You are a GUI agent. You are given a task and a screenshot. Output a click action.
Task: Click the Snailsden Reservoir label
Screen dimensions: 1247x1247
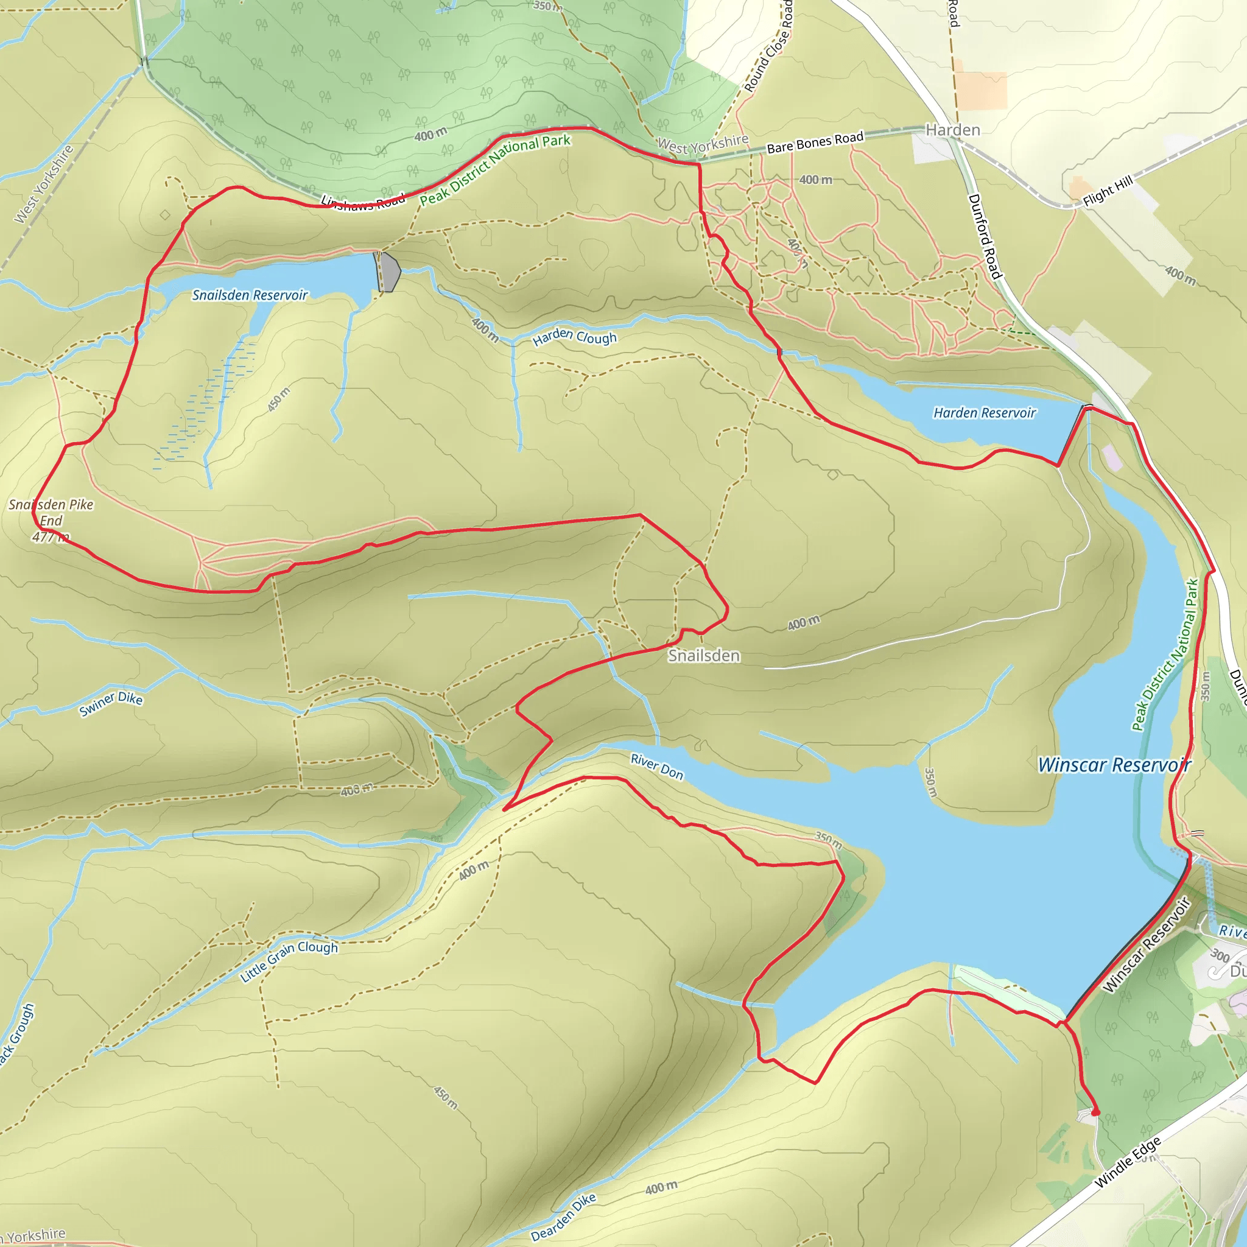coord(250,295)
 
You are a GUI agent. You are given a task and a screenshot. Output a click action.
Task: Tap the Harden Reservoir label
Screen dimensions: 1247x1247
coord(985,412)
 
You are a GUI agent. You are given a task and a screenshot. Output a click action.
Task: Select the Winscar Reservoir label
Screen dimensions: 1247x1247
coord(1114,765)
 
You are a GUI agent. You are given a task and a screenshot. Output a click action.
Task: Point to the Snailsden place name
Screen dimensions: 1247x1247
coord(703,656)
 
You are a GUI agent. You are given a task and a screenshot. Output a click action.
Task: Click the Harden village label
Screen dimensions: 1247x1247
coord(953,130)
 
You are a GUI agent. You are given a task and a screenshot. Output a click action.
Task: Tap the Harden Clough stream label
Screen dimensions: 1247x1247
coord(574,336)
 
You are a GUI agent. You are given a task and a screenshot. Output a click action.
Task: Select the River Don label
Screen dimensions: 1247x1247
coord(656,766)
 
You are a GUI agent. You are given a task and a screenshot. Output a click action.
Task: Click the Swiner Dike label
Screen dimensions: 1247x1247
coord(110,703)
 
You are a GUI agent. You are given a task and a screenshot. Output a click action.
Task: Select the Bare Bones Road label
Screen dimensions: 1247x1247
coord(815,142)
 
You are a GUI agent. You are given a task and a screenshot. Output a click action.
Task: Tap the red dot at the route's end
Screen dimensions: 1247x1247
coord(1095,1112)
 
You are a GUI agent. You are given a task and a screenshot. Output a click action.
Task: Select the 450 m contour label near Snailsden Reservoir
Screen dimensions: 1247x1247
coord(279,400)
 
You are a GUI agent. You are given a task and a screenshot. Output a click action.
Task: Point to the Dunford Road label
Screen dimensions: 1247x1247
coord(985,236)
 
